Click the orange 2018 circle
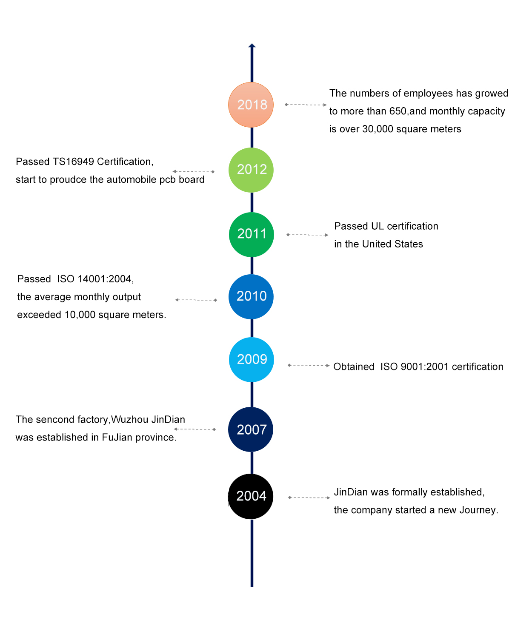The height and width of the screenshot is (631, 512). tap(251, 105)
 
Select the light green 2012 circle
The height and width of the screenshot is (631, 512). tap(251, 170)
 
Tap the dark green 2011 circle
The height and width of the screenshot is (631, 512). tap(252, 234)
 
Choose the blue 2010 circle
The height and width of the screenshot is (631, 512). tap(251, 296)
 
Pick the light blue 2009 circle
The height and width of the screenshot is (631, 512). tap(252, 360)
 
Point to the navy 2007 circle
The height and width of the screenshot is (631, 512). tap(251, 429)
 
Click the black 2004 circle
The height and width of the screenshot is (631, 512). tap(251, 496)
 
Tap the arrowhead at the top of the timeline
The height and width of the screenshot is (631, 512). tap(252, 45)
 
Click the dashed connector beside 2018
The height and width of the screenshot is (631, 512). tap(306, 105)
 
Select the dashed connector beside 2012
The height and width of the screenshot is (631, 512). tap(194, 171)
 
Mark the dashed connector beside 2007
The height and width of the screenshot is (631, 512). tap(195, 429)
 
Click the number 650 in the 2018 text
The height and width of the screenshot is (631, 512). tap(398, 111)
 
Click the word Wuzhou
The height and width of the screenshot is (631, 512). tap(130, 420)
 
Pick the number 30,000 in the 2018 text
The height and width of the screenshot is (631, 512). tap(378, 129)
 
